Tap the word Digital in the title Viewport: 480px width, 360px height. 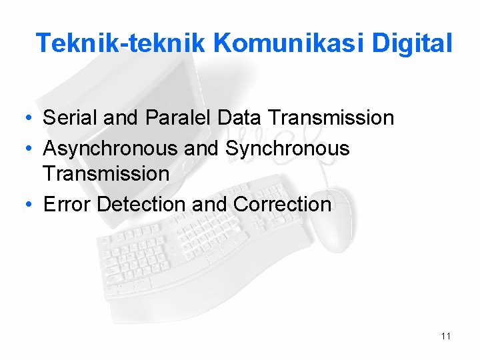[x=413, y=43]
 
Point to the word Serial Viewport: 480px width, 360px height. [x=70, y=119]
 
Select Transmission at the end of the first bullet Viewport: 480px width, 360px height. [x=331, y=119]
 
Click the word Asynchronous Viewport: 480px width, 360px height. [x=110, y=148]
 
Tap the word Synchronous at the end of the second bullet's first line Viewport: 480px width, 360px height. [x=287, y=148]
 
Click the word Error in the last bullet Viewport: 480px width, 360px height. [x=67, y=204]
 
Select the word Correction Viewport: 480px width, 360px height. [x=282, y=204]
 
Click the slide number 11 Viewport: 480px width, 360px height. [x=446, y=336]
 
